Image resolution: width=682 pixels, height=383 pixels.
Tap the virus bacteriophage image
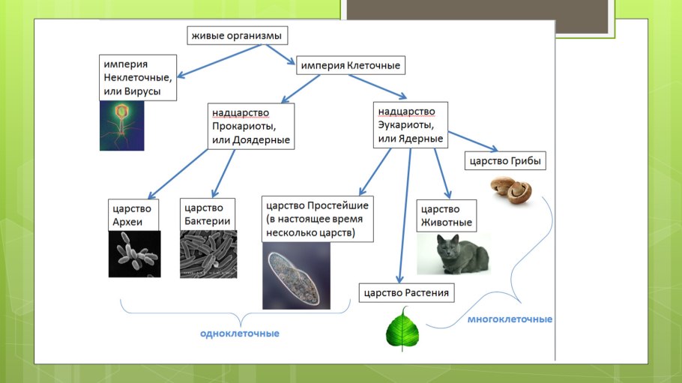coord(121,125)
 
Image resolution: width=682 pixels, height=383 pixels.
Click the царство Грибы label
coord(504,160)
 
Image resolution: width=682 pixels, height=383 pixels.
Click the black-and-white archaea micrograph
coord(135,254)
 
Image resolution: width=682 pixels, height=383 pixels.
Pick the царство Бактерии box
coord(207,214)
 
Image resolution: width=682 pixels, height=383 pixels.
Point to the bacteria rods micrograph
coord(208,254)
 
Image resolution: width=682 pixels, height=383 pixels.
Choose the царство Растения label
coord(406,292)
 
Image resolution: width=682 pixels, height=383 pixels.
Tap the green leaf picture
coord(402,331)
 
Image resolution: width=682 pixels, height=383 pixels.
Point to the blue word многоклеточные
coord(510,319)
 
